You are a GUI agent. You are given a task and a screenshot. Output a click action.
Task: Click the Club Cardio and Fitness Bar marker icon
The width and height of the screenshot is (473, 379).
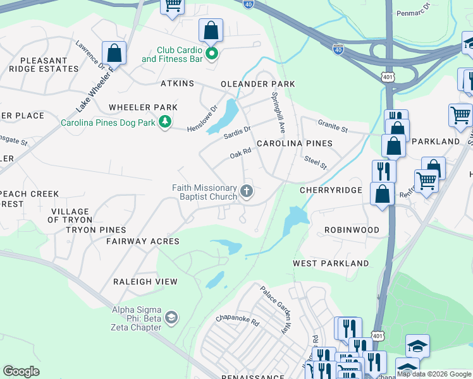pos(212,53)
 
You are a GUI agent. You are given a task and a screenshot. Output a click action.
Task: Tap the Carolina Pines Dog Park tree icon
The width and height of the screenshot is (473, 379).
pos(165,122)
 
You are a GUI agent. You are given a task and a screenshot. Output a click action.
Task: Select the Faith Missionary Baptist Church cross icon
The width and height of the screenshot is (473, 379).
pos(247,190)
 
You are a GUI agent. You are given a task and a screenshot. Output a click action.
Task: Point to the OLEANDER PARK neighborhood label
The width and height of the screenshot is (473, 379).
pos(257,84)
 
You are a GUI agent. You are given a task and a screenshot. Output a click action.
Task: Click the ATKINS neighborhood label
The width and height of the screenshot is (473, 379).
pos(177,83)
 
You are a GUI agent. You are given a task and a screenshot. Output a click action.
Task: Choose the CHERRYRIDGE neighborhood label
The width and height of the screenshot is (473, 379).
pos(331,190)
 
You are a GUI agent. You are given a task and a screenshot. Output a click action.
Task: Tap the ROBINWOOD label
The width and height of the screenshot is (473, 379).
pos(352,231)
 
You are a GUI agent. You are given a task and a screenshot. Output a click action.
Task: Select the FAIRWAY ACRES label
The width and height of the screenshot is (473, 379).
pos(143,241)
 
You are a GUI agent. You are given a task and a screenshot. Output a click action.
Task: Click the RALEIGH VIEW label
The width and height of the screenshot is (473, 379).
pos(145,282)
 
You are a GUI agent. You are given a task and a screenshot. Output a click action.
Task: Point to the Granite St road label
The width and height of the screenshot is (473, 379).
pos(333,129)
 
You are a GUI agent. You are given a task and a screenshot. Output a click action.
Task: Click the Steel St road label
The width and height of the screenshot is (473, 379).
pos(315,163)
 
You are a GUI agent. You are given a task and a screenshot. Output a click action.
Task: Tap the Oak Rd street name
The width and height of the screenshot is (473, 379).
pos(241,153)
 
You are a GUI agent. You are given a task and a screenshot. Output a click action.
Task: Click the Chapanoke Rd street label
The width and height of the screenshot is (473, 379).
pos(238,321)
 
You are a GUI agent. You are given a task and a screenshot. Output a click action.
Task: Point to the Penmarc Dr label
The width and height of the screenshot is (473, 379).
pos(413,11)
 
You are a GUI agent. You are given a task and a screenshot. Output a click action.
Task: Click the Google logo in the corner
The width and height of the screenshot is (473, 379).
pos(21,371)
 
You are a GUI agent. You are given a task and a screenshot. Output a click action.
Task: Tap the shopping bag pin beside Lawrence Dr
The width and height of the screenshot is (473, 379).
pos(114,53)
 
